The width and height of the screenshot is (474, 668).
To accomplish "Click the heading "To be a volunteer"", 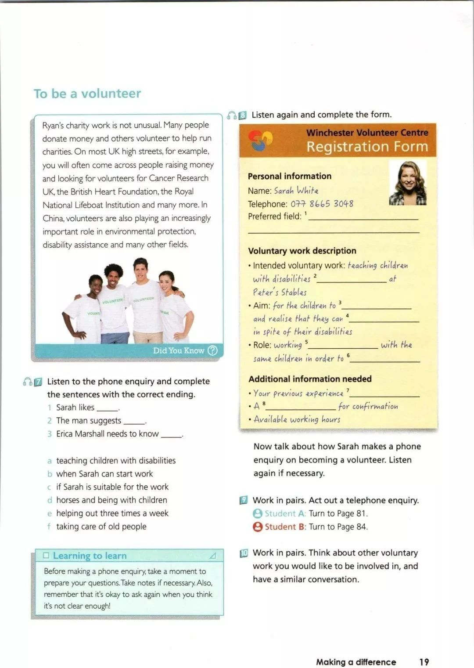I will click(x=87, y=94).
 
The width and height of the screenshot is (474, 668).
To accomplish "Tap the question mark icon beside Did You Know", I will click(x=212, y=350).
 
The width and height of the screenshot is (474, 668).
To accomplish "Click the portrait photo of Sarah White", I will click(x=408, y=183).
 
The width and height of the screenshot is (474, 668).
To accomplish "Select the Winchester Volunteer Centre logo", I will click(x=260, y=140).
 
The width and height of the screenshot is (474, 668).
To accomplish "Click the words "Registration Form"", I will click(x=367, y=147).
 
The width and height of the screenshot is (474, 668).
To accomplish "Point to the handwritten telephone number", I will click(x=322, y=204).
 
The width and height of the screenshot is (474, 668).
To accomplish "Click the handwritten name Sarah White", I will click(x=296, y=191).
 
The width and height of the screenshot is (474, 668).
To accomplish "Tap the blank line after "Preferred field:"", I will click(x=363, y=217).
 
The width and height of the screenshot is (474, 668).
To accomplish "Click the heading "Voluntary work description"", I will click(x=302, y=251).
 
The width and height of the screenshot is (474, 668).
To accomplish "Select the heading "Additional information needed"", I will click(x=310, y=379).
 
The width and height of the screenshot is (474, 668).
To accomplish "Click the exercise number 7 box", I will click(x=38, y=382).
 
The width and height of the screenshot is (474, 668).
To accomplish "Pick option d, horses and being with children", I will click(x=111, y=500).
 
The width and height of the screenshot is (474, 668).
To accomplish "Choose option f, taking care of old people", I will click(x=101, y=526).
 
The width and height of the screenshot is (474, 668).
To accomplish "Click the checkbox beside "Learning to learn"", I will click(x=46, y=556).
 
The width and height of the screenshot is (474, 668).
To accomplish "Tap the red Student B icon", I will click(x=258, y=527).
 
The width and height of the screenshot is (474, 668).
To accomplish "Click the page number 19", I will click(x=424, y=662).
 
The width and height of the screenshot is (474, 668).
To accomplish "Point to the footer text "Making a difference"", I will click(x=356, y=662).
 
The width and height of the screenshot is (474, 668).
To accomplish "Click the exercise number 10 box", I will click(x=244, y=553).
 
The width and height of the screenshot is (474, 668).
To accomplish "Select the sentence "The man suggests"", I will click(x=89, y=421).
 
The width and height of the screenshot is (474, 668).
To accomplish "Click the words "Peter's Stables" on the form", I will click(x=280, y=292).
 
